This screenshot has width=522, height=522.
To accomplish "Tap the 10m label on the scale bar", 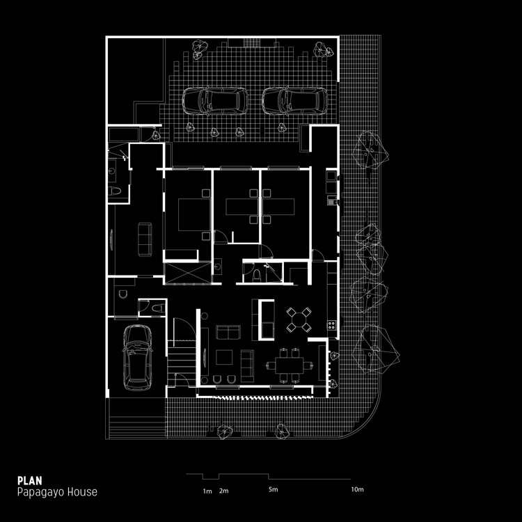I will (357, 491).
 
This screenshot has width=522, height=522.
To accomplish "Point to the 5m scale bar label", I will (273, 491).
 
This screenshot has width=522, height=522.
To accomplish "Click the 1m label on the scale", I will (207, 491).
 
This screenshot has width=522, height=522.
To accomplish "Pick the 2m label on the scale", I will (223, 491).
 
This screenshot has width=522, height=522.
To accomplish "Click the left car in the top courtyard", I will (214, 101).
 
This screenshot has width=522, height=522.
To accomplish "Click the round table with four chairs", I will (299, 319).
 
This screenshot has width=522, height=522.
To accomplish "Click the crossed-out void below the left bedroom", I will (187, 273).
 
